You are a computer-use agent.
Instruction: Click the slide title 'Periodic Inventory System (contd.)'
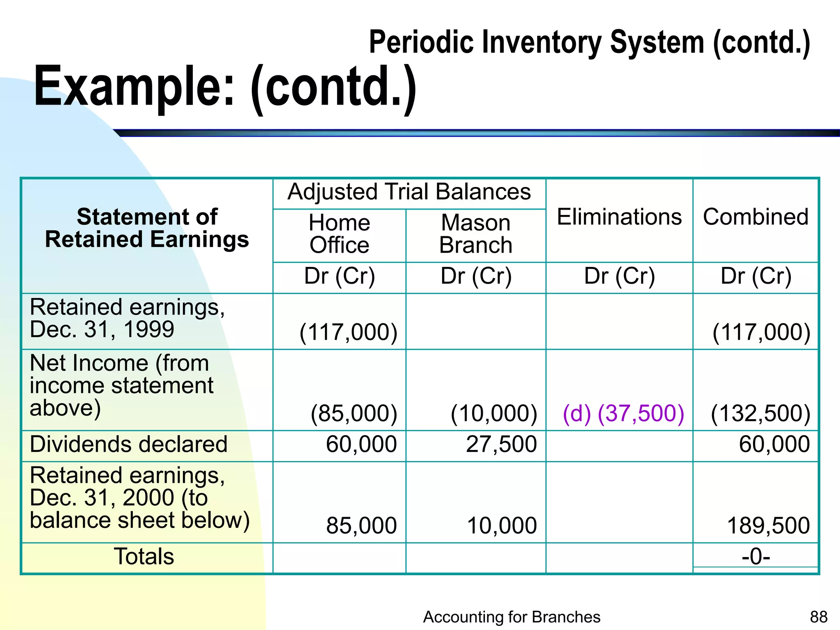(589, 43)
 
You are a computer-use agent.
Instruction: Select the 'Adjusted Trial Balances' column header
(409, 192)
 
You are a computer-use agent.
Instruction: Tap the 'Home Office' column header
(339, 234)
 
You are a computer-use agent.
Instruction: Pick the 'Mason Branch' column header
(476, 234)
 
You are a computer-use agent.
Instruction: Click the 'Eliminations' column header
(619, 217)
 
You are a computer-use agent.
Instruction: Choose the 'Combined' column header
(756, 217)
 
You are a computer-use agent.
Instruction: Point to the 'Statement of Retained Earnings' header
(147, 228)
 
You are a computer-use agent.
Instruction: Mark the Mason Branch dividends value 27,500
(501, 444)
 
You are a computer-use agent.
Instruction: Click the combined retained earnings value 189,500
(768, 525)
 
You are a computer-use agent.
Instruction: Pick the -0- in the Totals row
(756, 557)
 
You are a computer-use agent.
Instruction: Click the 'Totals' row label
(144, 557)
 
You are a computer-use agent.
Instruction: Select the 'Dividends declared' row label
(128, 444)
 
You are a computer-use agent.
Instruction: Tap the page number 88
(819, 617)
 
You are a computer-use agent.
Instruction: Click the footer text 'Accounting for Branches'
(511, 617)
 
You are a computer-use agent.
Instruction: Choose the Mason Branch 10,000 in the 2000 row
(502, 525)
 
